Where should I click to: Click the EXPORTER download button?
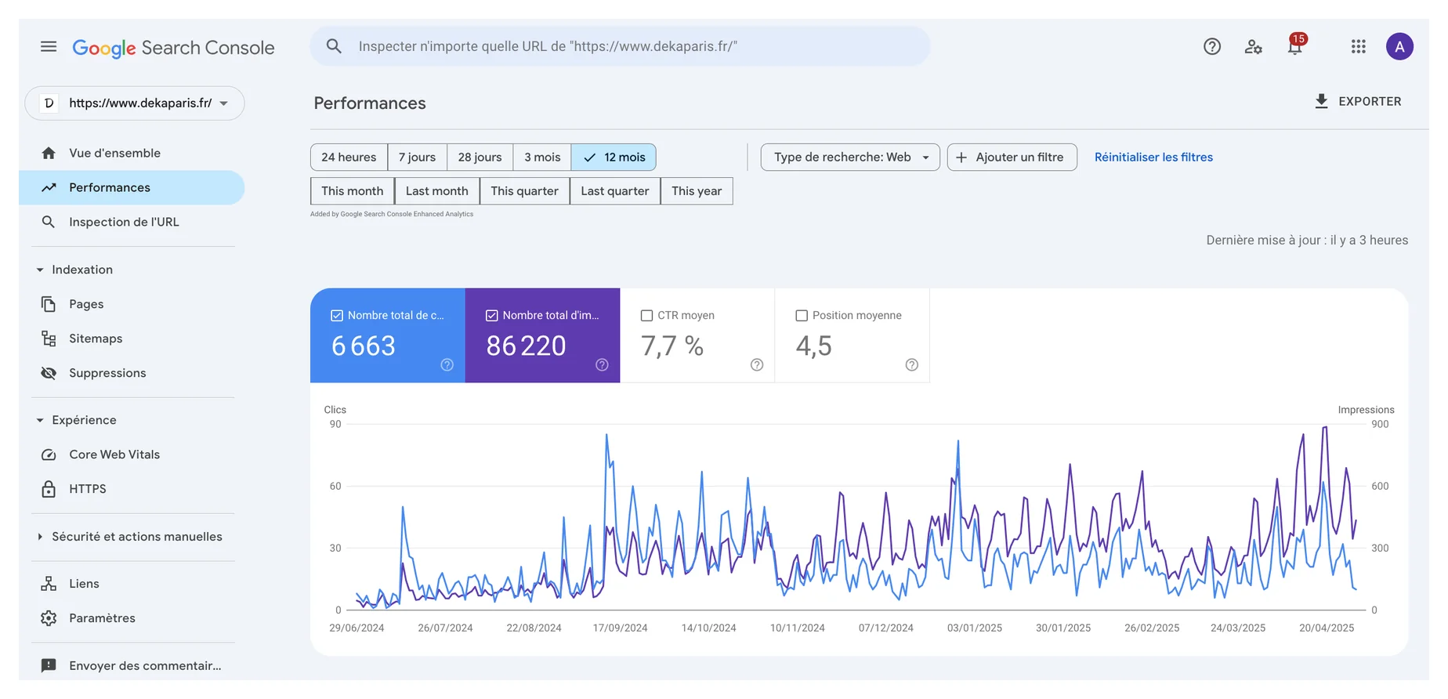click(x=1357, y=101)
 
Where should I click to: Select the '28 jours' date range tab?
click(x=480, y=157)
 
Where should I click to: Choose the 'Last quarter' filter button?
click(x=615, y=191)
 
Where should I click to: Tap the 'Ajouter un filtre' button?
click(x=1012, y=157)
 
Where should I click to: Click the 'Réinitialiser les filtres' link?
click(x=1153, y=157)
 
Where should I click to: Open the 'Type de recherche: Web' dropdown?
click(x=850, y=157)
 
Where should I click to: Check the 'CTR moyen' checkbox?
click(x=647, y=316)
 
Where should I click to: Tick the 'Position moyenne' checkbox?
click(x=802, y=316)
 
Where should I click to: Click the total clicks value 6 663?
click(x=364, y=346)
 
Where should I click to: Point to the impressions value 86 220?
click(x=526, y=346)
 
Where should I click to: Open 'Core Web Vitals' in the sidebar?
click(x=114, y=455)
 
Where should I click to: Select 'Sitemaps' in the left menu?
click(x=96, y=339)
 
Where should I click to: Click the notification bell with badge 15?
click(x=1296, y=45)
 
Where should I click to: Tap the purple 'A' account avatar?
click(x=1399, y=46)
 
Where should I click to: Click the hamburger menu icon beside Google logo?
click(x=49, y=46)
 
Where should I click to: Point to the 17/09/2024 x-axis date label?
click(x=620, y=628)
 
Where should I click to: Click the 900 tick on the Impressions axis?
click(x=1380, y=424)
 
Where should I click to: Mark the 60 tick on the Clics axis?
click(x=335, y=486)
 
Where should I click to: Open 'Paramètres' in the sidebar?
click(x=102, y=618)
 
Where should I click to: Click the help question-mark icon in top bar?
click(x=1212, y=46)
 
